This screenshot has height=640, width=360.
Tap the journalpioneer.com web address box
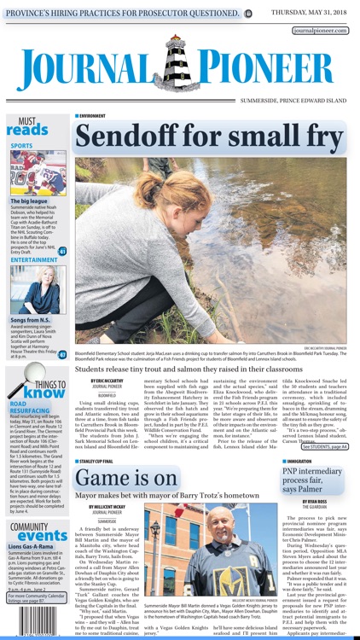point(320,30)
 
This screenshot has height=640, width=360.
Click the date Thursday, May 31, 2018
point(310,11)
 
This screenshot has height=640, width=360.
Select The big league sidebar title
point(30,201)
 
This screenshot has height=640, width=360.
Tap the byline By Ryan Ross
point(314,501)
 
